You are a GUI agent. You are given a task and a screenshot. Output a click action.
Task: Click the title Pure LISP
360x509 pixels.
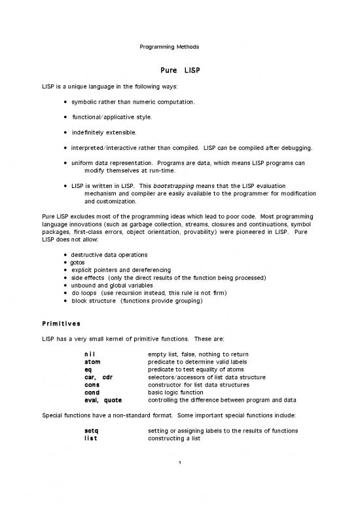[x=179, y=69]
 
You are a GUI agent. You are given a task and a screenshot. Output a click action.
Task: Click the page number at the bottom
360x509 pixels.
[x=179, y=465]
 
